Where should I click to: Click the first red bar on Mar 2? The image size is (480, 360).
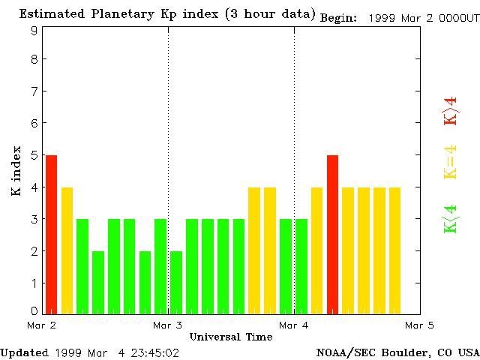pyautogui.click(x=51, y=234)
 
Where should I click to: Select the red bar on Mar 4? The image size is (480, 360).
pyautogui.click(x=332, y=234)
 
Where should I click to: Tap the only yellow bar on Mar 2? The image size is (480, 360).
pyautogui.click(x=67, y=250)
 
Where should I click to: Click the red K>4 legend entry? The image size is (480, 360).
pyautogui.click(x=450, y=111)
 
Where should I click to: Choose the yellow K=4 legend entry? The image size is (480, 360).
pyautogui.click(x=450, y=162)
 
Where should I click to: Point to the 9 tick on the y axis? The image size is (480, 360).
pyautogui.click(x=34, y=31)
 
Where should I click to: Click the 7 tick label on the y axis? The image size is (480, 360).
pyautogui.click(x=34, y=91)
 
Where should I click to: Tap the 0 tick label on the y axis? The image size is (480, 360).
pyautogui.click(x=34, y=310)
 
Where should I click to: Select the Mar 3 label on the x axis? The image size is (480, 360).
pyautogui.click(x=168, y=325)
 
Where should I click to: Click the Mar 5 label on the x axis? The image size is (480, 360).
pyautogui.click(x=419, y=325)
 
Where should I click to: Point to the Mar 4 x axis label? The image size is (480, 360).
pyautogui.click(x=294, y=325)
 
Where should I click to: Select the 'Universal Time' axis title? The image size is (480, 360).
pyautogui.click(x=231, y=337)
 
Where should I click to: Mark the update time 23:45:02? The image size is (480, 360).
pyautogui.click(x=155, y=352)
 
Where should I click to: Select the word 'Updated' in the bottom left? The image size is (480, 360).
pyautogui.click(x=24, y=352)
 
